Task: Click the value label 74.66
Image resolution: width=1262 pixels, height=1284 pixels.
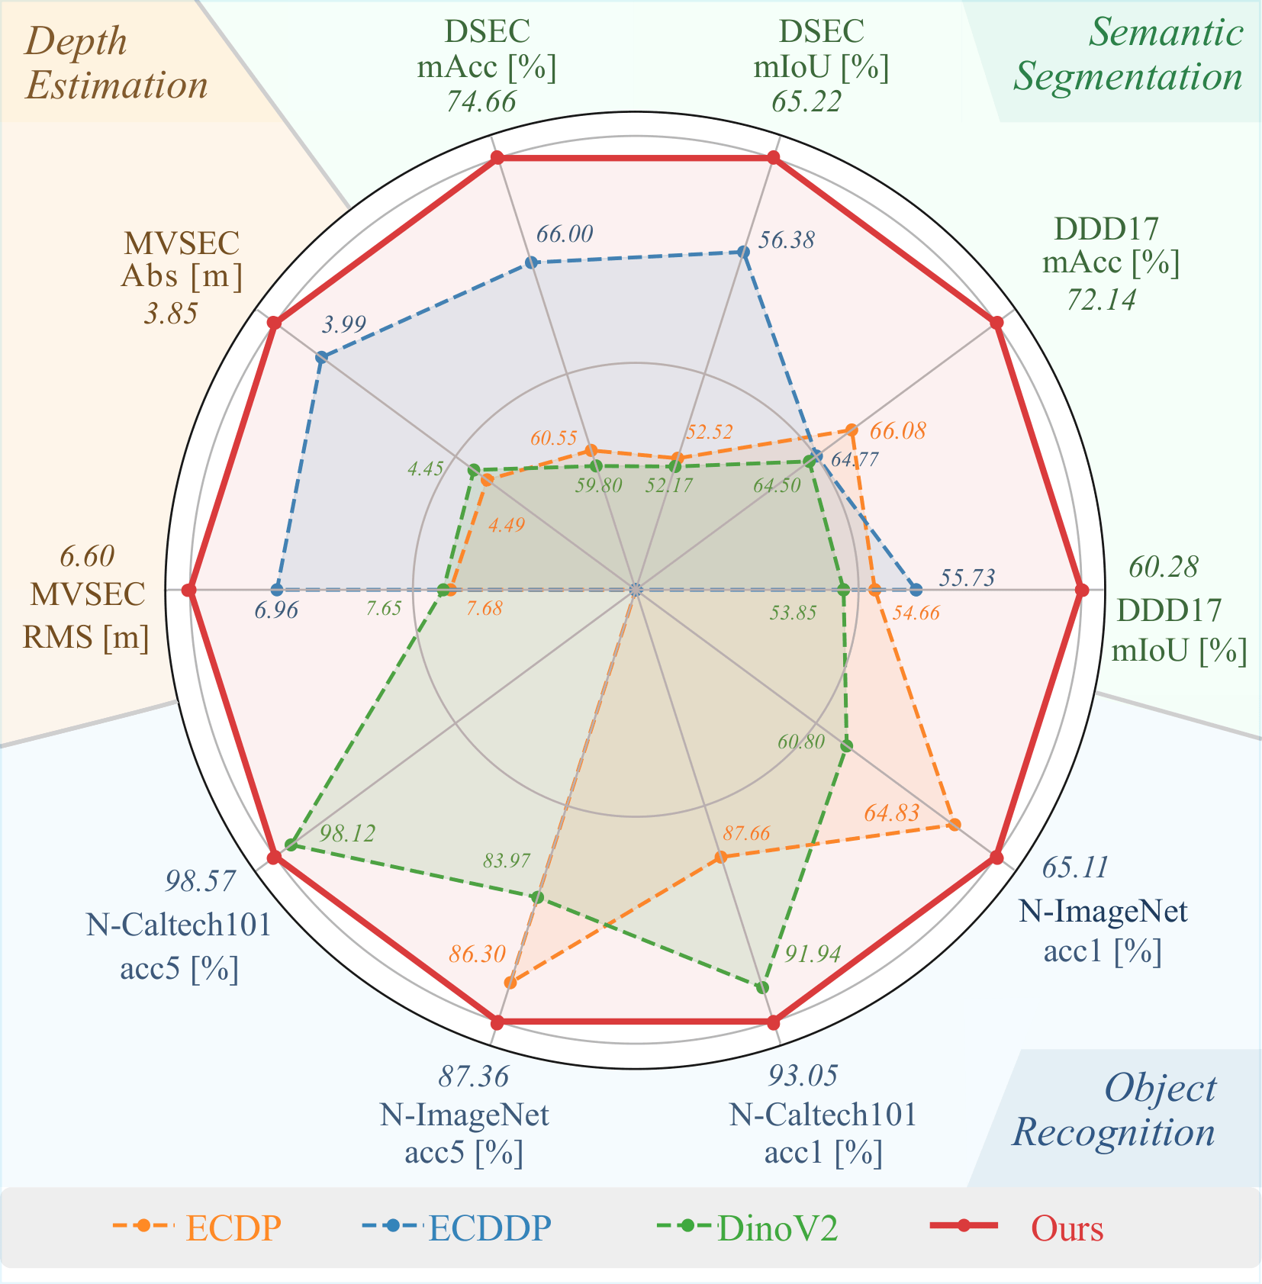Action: click(x=481, y=101)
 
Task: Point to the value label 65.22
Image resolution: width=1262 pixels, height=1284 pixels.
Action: click(x=806, y=101)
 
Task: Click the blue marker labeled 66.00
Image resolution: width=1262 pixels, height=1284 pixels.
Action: click(x=533, y=262)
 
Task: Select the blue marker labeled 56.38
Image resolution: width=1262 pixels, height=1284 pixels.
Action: click(x=742, y=252)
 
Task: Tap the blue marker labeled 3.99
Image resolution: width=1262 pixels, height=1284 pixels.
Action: click(x=322, y=358)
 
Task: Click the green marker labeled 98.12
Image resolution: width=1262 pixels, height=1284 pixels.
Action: click(x=291, y=844)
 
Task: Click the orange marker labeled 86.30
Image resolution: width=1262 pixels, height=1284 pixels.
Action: click(x=510, y=983)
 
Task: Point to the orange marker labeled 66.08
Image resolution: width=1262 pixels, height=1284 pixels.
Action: click(x=852, y=430)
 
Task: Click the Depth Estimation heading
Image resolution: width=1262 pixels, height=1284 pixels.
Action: click(x=117, y=63)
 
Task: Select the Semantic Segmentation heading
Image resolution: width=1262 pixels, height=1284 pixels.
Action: click(x=1128, y=55)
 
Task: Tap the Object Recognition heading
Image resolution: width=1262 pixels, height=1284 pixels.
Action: click(x=1114, y=1110)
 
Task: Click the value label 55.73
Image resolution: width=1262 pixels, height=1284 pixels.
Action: click(x=967, y=578)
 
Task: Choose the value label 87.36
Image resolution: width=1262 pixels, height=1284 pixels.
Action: click(x=473, y=1076)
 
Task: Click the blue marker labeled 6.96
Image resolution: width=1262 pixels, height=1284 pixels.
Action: click(x=277, y=589)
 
